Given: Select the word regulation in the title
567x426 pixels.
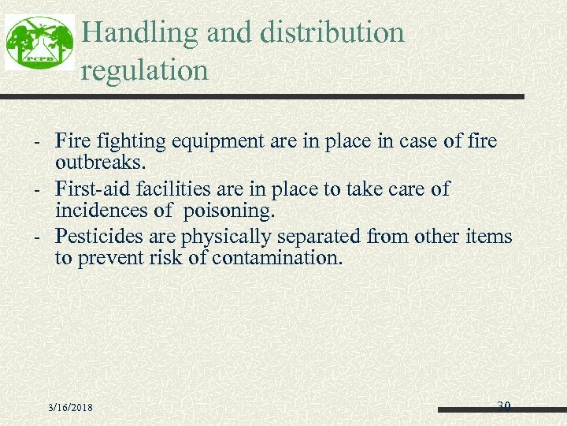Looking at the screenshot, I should click(x=145, y=71).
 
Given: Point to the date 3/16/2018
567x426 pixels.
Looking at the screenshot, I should click(x=70, y=407).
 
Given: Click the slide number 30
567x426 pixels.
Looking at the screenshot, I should click(x=504, y=406).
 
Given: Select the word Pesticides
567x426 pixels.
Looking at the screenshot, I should click(x=99, y=237).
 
